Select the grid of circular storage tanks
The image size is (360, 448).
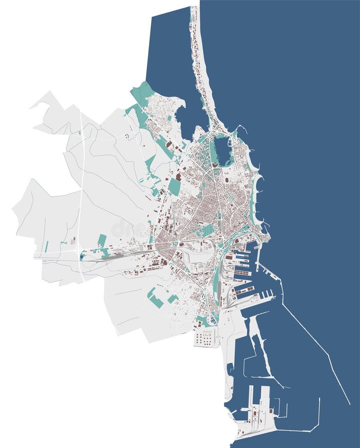(204, 338)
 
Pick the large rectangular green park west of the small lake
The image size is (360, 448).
(174, 186)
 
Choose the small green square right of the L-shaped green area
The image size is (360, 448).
(173, 299)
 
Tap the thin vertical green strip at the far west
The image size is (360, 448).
(47, 246)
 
